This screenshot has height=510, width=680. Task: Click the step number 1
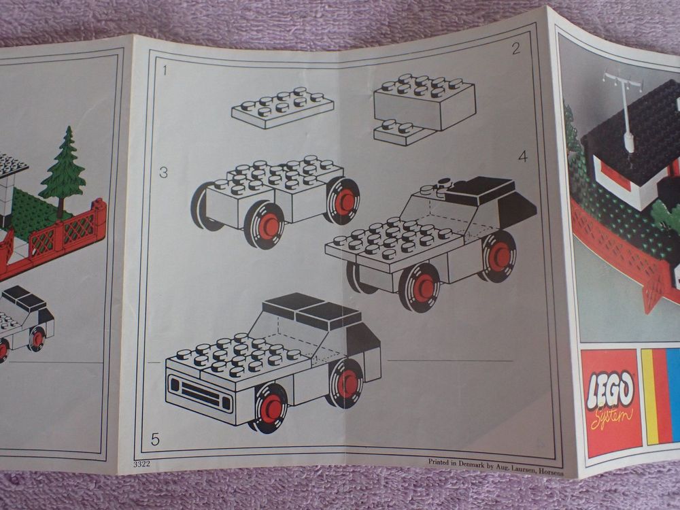[165, 69]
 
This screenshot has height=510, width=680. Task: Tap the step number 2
[515, 48]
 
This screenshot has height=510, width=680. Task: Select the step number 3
[163, 173]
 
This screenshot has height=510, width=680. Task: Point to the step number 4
[522, 156]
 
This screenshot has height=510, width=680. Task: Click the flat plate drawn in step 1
[282, 107]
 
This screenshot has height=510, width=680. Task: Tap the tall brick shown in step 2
[424, 102]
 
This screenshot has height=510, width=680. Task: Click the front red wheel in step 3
[266, 225]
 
